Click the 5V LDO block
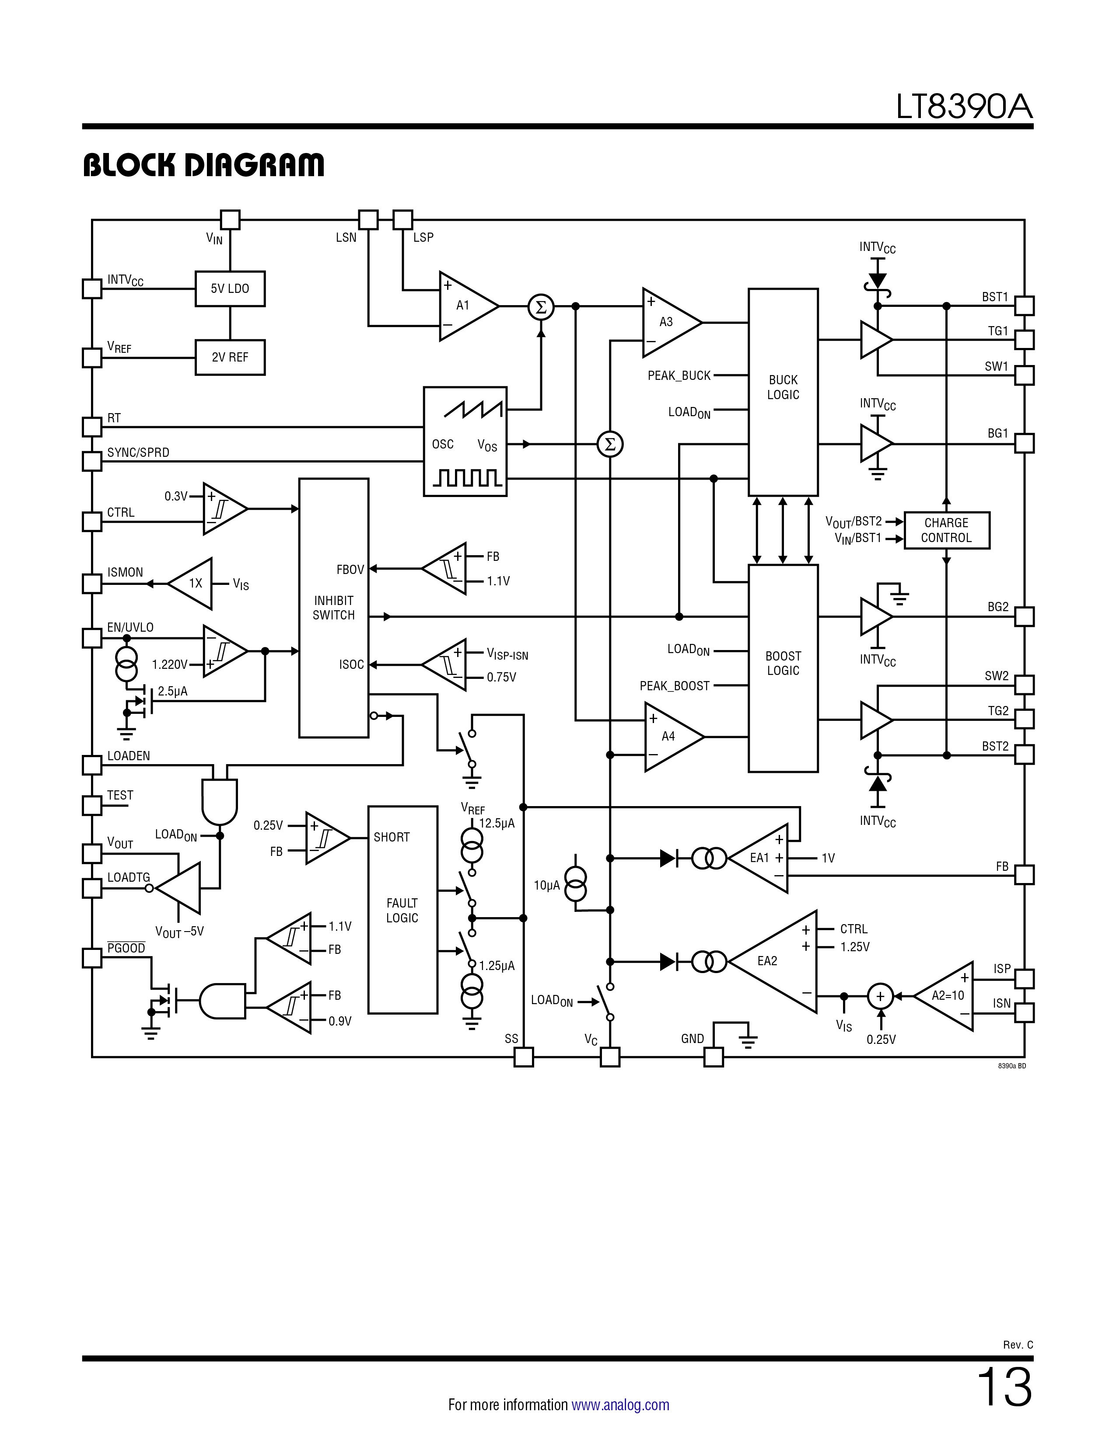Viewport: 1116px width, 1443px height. pyautogui.click(x=230, y=289)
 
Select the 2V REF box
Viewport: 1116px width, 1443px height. pyautogui.click(x=230, y=358)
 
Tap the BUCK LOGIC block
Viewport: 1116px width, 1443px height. pyautogui.click(x=783, y=392)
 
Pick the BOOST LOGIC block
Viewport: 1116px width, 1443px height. pyautogui.click(x=783, y=668)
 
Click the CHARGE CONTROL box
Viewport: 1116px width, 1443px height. pyautogui.click(x=946, y=530)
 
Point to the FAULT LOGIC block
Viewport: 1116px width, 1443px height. pyautogui.click(x=402, y=910)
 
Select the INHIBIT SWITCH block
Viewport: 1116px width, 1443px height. pyautogui.click(x=334, y=608)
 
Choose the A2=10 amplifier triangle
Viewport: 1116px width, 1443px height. pyautogui.click(x=944, y=996)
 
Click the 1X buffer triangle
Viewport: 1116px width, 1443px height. pyautogui.click(x=190, y=584)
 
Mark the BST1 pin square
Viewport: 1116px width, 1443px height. pyautogui.click(x=1024, y=306)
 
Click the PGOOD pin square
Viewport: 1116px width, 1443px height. pyautogui.click(x=92, y=958)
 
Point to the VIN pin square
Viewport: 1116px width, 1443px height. pyautogui.click(x=230, y=219)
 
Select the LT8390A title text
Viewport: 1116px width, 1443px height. pyautogui.click(x=964, y=107)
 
